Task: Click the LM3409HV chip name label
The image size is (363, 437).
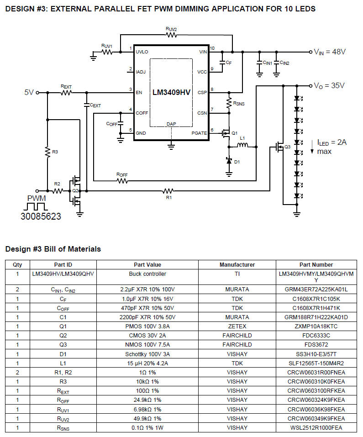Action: pyautogui.click(x=171, y=92)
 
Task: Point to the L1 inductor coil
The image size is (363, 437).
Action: pyautogui.click(x=242, y=147)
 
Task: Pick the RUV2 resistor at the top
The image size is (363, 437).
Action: pyautogui.click(x=171, y=35)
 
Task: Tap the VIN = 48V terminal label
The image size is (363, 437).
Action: pyautogui.click(x=330, y=52)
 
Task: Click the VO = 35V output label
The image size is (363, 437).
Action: pyautogui.click(x=329, y=85)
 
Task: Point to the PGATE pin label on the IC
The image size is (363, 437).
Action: pyautogui.click(x=199, y=133)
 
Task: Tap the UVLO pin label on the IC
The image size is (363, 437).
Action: pyautogui.click(x=142, y=52)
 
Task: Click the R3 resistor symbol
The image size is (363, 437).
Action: pyautogui.click(x=47, y=153)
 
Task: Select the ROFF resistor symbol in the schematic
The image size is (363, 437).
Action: pyautogui.click(x=122, y=180)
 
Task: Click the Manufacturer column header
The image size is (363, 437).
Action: pyautogui.click(x=237, y=264)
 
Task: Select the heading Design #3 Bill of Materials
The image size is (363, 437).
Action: pyautogui.click(x=53, y=249)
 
